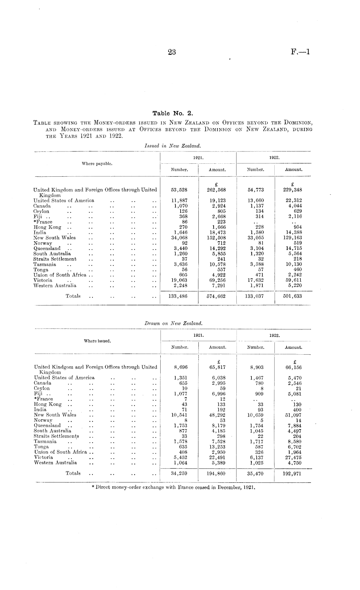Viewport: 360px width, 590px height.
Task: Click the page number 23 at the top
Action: (172, 52)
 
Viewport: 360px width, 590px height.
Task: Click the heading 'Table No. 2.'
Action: (173, 113)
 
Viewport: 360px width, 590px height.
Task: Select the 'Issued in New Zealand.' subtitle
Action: (173, 146)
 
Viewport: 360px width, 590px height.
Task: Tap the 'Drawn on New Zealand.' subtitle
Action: (173, 323)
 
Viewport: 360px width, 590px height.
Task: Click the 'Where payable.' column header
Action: (97, 164)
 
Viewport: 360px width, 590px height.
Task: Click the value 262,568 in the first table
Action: (217, 190)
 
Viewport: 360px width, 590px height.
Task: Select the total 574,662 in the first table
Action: (217, 296)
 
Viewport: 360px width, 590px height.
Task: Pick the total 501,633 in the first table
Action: (292, 296)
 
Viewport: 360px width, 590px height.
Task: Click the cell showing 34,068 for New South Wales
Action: (179, 238)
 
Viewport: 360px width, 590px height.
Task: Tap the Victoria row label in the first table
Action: (43, 280)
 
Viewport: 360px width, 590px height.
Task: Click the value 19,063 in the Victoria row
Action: (179, 280)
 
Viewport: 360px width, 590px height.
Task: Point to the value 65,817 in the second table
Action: (217, 367)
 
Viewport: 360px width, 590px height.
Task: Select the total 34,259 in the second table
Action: (179, 473)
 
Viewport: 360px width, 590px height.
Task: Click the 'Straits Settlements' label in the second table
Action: (56, 436)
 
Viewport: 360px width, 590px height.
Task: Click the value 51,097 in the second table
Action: (293, 415)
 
